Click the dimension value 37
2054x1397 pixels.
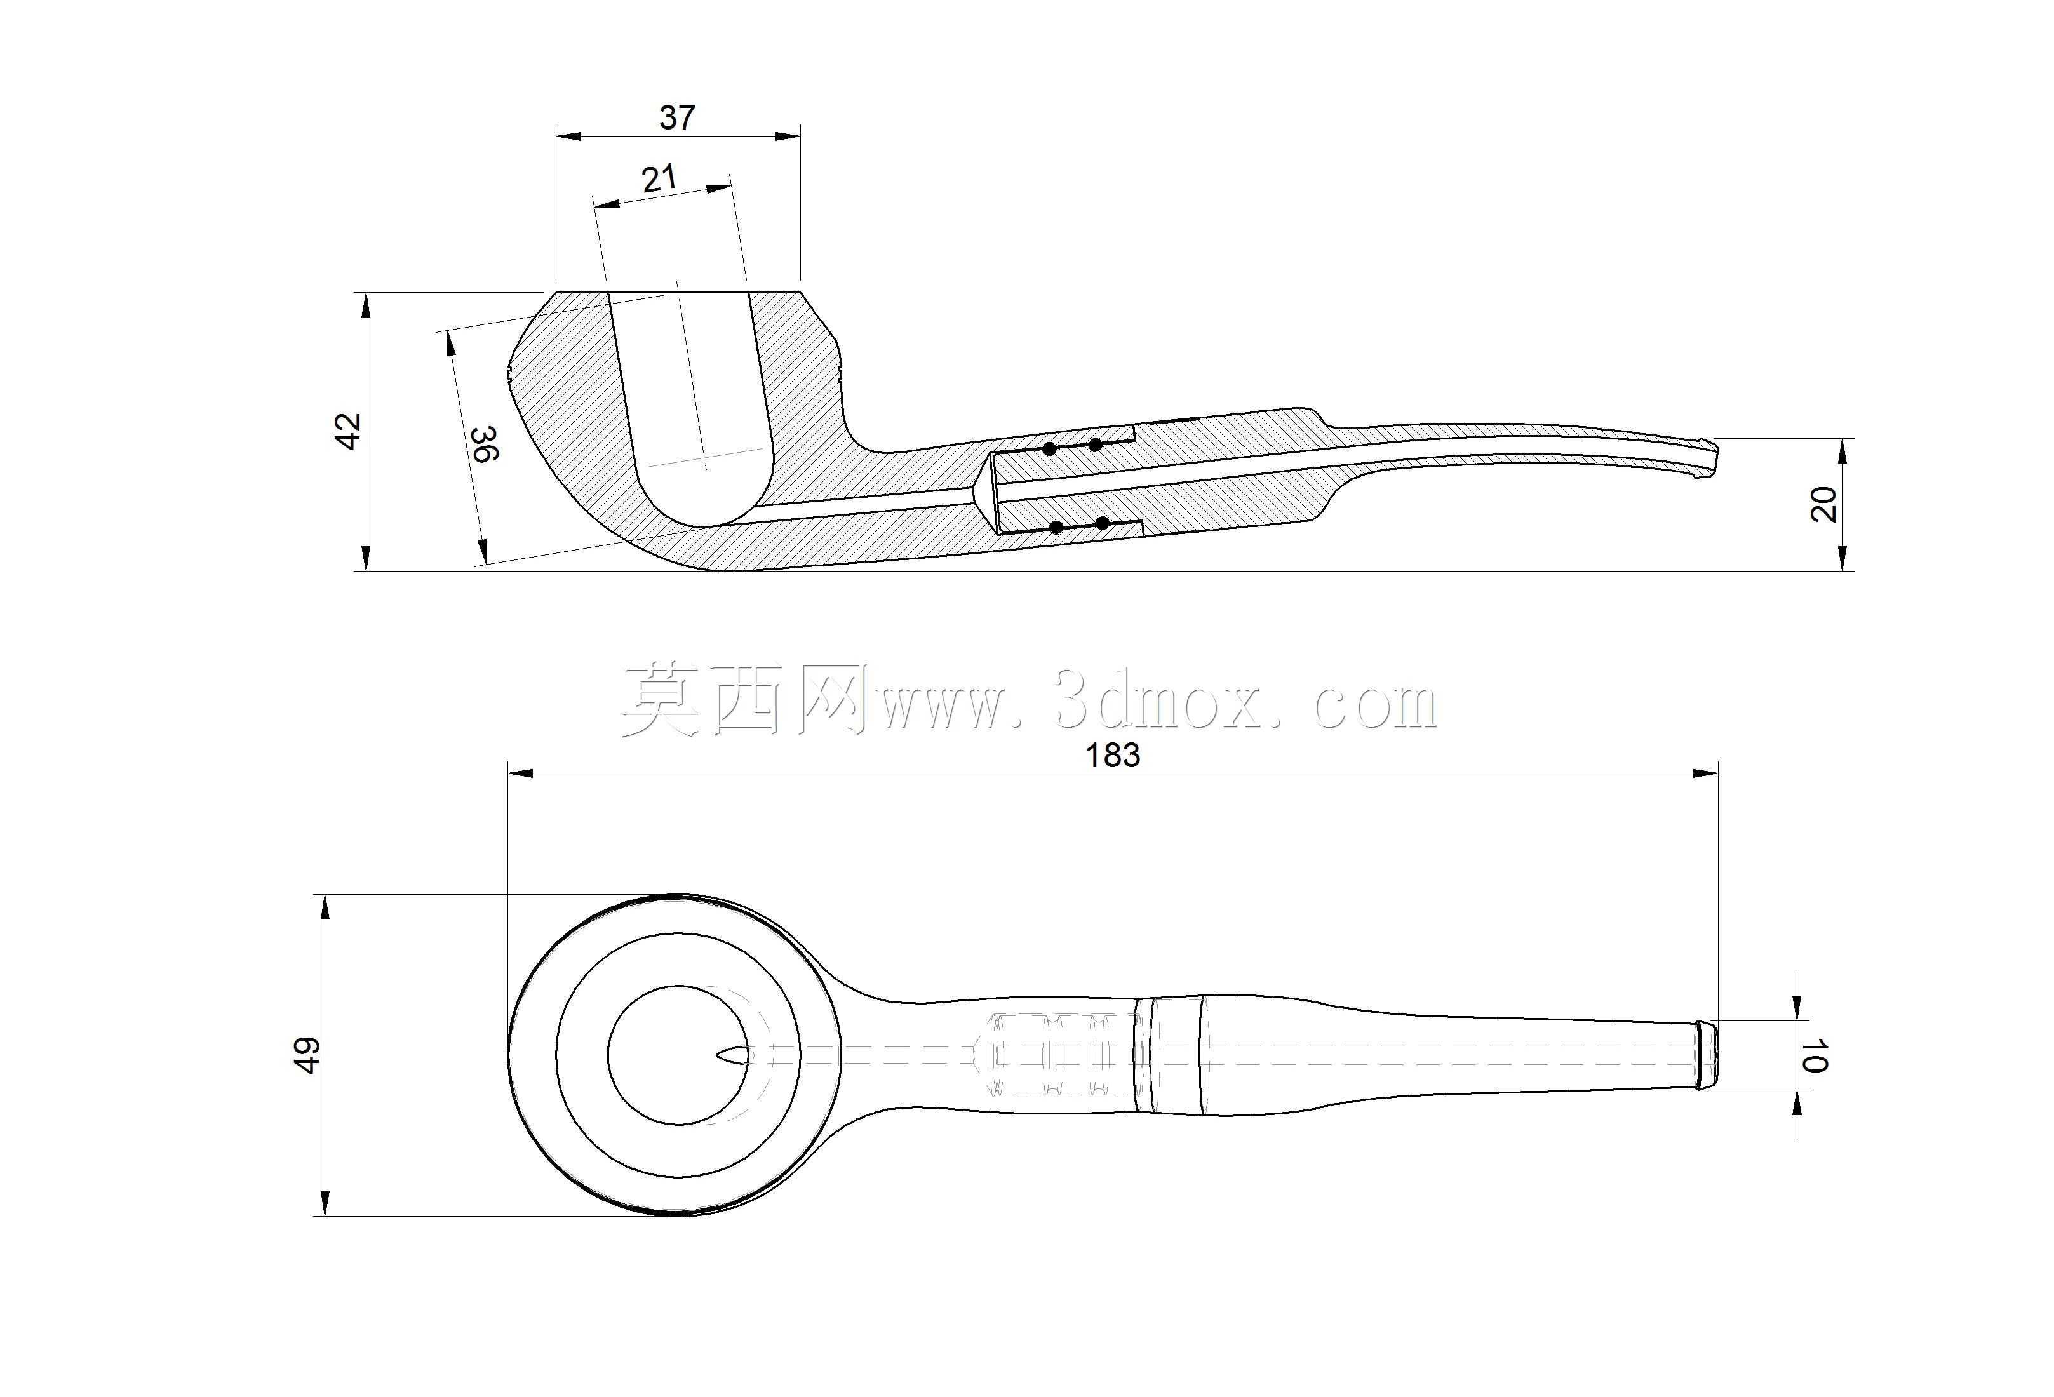(x=677, y=117)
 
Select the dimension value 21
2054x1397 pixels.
(x=659, y=179)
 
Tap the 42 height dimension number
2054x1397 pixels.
(x=350, y=431)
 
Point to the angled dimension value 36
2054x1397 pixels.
(x=485, y=444)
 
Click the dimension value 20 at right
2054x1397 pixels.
(x=1823, y=505)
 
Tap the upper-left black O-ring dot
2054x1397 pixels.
(x=1049, y=449)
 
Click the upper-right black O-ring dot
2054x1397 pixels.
(x=1095, y=444)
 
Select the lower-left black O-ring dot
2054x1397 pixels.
(x=1056, y=528)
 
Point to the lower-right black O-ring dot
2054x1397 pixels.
(x=1102, y=524)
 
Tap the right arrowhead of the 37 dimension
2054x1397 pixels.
(x=788, y=136)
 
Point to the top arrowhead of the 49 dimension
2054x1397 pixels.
(x=325, y=907)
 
